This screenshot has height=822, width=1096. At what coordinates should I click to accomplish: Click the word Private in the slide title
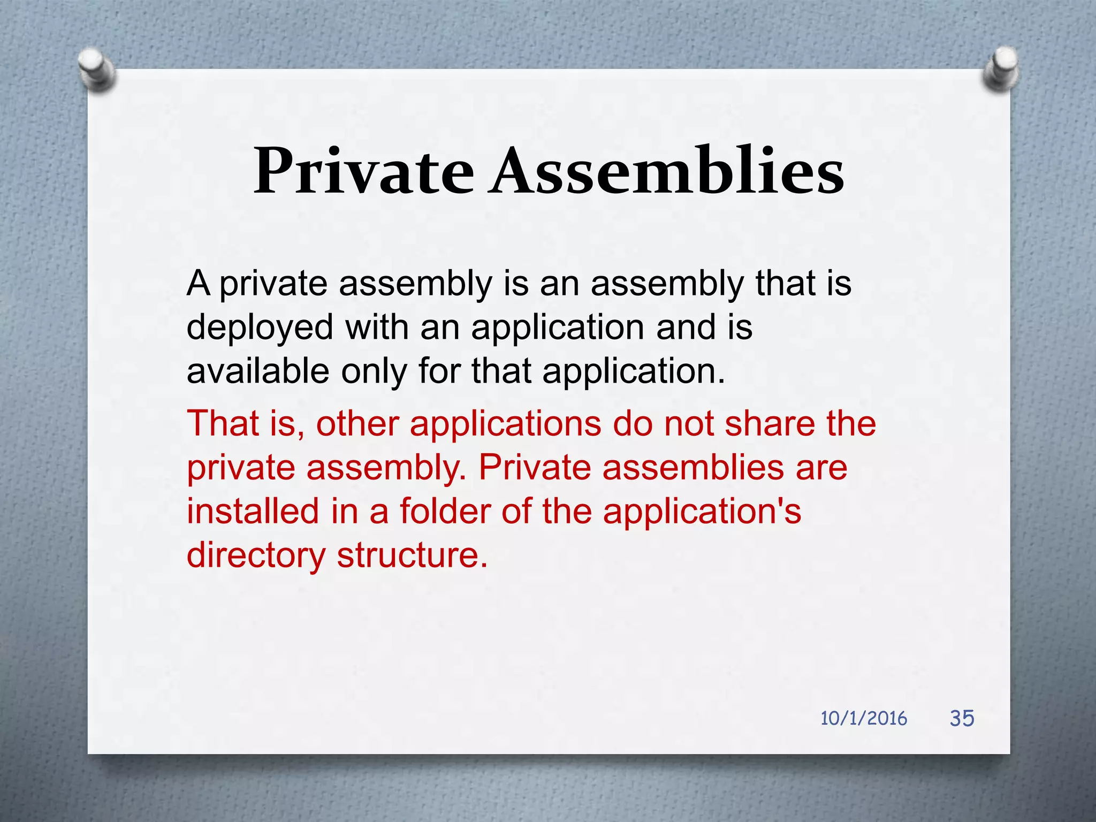(364, 171)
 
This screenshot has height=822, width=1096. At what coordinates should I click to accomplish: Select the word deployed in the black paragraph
(260, 328)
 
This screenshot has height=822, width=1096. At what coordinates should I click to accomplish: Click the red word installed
(253, 511)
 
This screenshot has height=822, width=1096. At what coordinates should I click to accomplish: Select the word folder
(445, 511)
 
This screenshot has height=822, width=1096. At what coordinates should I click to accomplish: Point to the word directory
(256, 555)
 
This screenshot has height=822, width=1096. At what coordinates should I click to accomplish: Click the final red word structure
(412, 555)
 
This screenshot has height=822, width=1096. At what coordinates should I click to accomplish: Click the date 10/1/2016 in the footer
(863, 718)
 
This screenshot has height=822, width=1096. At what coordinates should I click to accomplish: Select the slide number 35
(962, 718)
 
